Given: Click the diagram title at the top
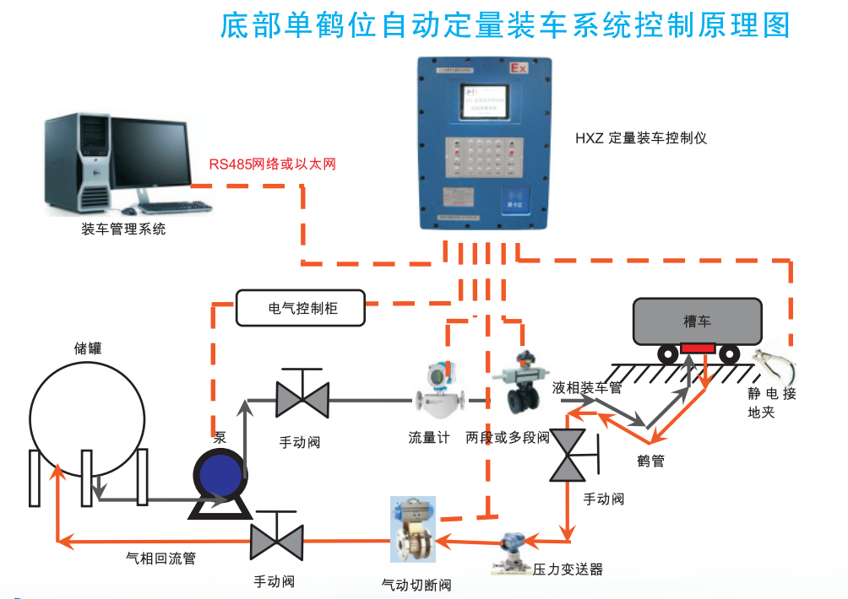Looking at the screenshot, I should (x=505, y=25).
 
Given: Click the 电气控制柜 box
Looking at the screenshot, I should (x=302, y=309).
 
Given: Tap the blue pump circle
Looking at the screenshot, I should (x=219, y=478).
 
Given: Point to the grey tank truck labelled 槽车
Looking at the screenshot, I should (x=698, y=321).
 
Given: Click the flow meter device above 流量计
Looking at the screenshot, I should (x=443, y=392).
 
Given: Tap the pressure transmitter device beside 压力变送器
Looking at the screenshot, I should (x=512, y=553).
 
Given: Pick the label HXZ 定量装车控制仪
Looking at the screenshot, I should (x=641, y=138).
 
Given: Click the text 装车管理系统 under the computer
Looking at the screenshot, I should (x=123, y=229).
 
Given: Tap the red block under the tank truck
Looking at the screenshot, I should (x=699, y=348).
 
